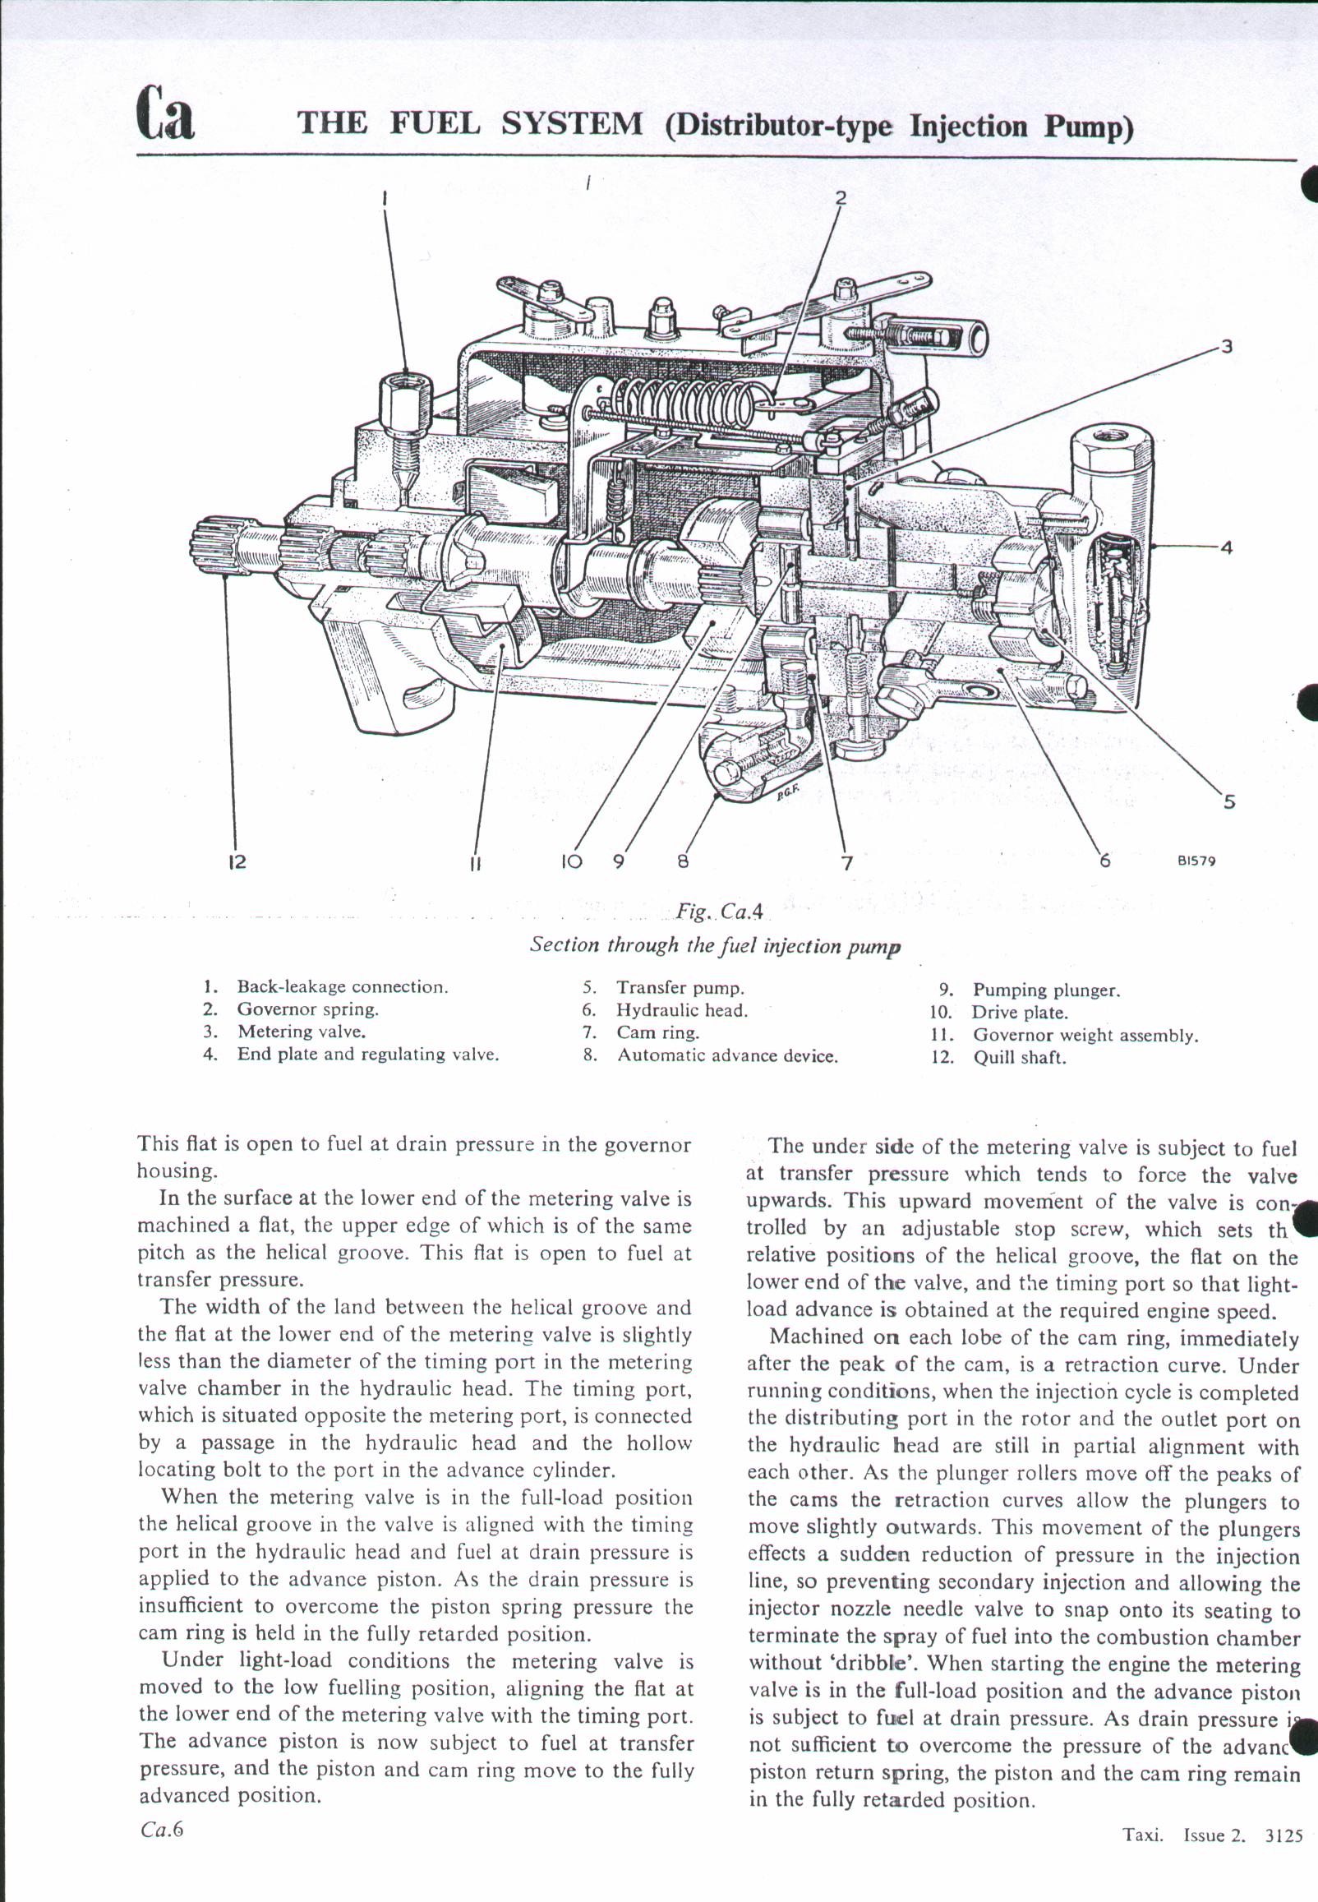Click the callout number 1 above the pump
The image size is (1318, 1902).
coord(385,198)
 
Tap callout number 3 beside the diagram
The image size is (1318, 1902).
coord(1227,347)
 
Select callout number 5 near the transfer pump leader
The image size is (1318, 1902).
coord(1229,801)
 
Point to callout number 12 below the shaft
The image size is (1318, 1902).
coord(237,862)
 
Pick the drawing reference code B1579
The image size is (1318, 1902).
coord(1196,861)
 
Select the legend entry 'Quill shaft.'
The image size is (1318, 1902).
coord(1019,1058)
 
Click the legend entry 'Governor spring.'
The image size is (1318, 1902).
coord(307,1009)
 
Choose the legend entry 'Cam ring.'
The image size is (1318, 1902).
coord(657,1032)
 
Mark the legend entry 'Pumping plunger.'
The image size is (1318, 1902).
coord(1045,990)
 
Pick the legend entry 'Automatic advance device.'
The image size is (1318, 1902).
coord(726,1055)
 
